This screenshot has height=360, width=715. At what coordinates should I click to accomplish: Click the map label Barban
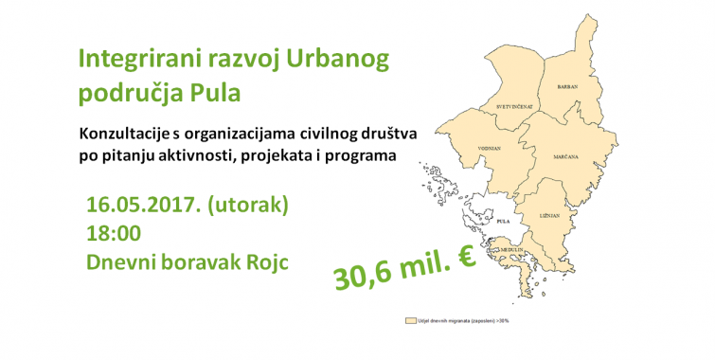click(x=566, y=84)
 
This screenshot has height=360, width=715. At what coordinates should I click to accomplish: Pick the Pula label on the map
click(x=503, y=221)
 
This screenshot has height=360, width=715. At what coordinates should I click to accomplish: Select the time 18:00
click(x=114, y=233)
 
